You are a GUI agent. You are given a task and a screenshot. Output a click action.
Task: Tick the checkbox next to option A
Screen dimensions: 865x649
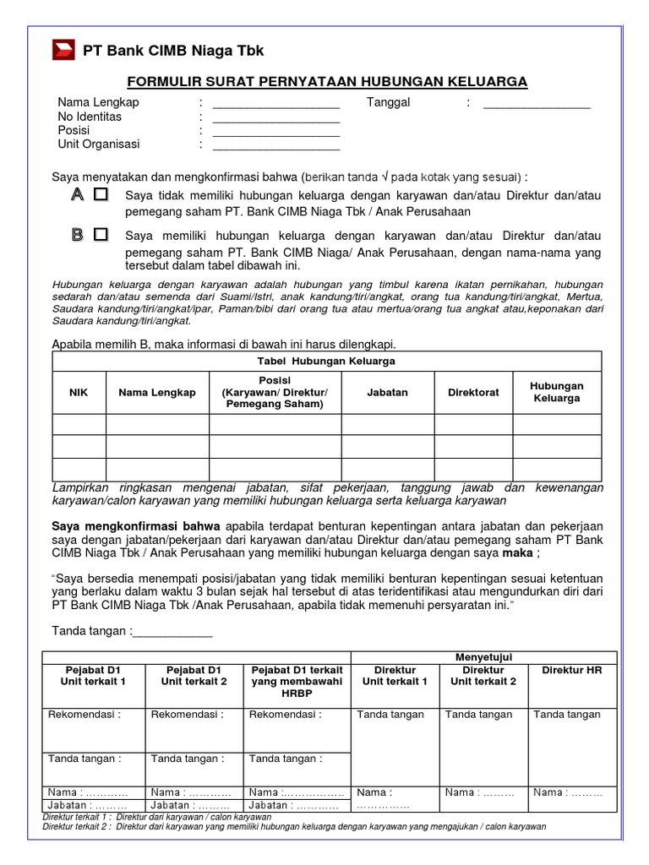coord(101,195)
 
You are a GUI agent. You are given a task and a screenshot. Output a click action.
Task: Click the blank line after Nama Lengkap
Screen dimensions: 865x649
coord(275,106)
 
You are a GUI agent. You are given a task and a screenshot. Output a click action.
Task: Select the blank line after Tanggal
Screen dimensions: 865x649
coord(537,106)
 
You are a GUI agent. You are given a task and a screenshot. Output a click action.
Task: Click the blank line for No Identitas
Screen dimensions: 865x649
coord(275,121)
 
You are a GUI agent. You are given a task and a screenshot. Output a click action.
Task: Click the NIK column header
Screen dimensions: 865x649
coord(79,392)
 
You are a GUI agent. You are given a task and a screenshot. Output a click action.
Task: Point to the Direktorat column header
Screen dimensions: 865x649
coord(473,392)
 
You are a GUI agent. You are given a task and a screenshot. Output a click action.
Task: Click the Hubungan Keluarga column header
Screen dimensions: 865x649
coord(556,392)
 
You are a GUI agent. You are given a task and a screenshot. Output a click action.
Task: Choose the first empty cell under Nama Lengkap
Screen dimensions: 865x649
coord(157,424)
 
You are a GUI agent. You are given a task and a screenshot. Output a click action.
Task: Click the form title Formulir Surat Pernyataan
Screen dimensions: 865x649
coord(327,81)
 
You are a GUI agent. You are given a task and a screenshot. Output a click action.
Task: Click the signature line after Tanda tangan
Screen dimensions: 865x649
coord(173,632)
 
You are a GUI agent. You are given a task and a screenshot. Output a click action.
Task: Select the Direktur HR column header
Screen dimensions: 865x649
coord(572,670)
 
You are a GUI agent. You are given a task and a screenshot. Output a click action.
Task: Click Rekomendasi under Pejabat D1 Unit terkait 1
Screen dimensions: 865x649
coord(85,715)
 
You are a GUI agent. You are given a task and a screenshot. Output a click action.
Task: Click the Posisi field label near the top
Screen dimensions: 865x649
coord(74,130)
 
